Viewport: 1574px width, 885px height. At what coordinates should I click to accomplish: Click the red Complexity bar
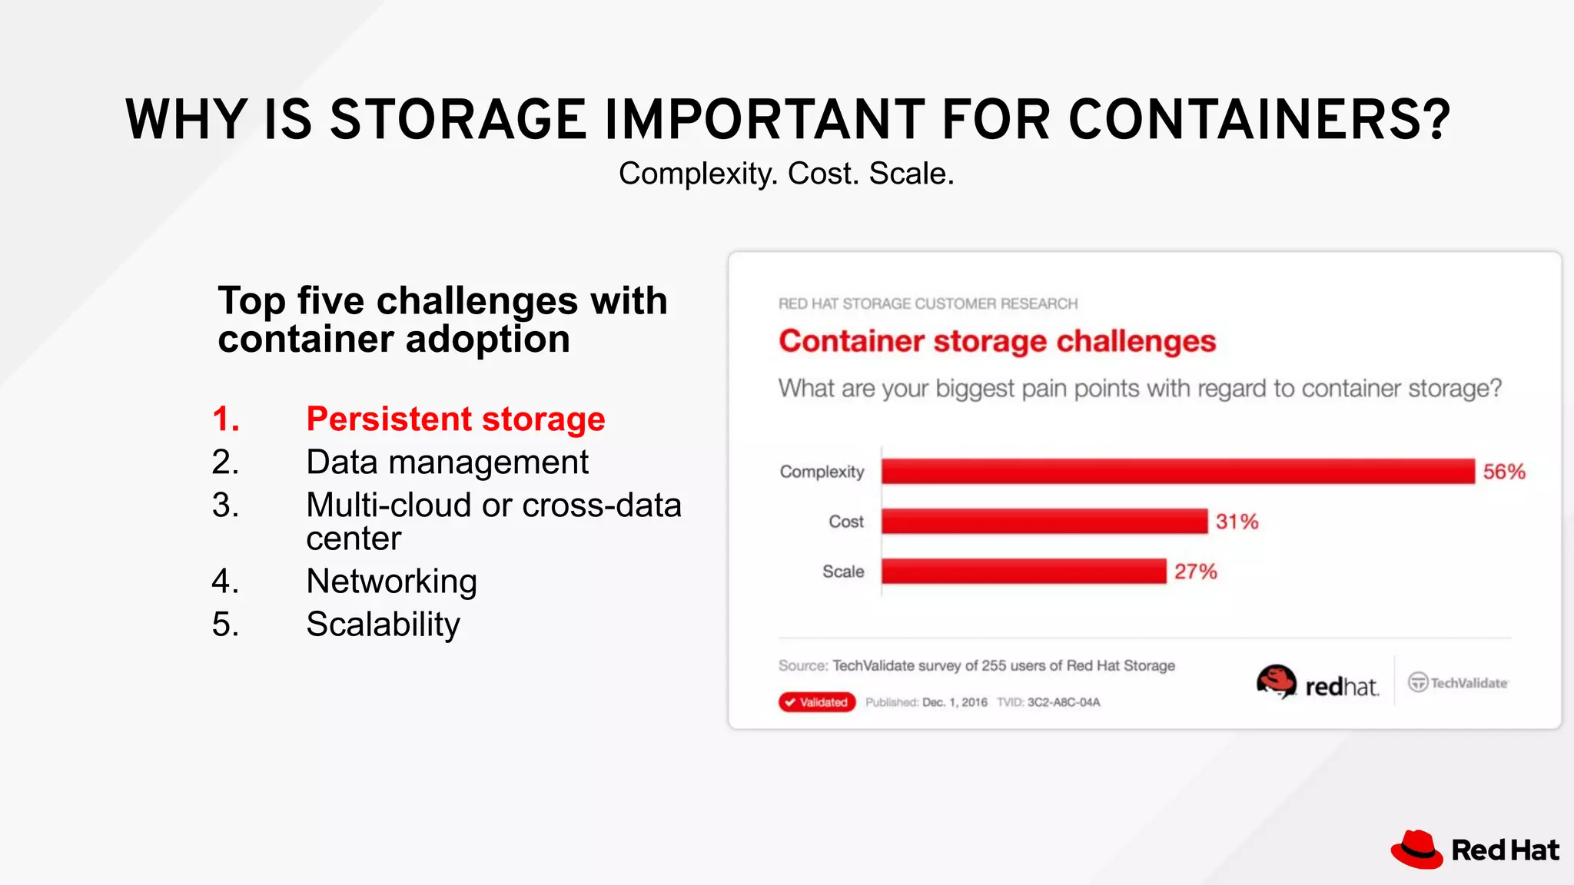pyautogui.click(x=1177, y=471)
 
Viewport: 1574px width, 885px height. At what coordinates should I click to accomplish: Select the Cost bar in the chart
pyautogui.click(x=1044, y=521)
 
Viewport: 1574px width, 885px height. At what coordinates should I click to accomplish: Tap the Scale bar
pyautogui.click(x=1023, y=571)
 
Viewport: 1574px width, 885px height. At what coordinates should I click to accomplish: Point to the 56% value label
pyautogui.click(x=1503, y=472)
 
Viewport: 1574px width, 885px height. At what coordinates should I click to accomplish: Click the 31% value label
pyautogui.click(x=1237, y=522)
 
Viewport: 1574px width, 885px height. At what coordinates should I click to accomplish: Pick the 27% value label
pyautogui.click(x=1195, y=572)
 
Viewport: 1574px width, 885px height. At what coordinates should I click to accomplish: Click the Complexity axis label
pyautogui.click(x=822, y=472)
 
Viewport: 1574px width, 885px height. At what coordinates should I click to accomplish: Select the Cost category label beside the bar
pyautogui.click(x=845, y=522)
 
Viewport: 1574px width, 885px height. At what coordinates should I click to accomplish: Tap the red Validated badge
pyautogui.click(x=816, y=702)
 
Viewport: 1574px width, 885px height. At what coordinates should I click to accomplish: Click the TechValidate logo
pyautogui.click(x=1458, y=682)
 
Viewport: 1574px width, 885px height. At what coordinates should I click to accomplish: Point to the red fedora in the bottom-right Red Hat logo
pyautogui.click(x=1416, y=850)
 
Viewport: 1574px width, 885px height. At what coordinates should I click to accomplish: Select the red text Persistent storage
pyautogui.click(x=456, y=419)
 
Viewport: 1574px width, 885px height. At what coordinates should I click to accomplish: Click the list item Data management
pyautogui.click(x=447, y=462)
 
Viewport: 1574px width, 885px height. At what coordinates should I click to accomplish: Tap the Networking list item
pyautogui.click(x=391, y=582)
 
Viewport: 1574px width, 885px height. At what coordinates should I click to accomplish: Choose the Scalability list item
pyautogui.click(x=383, y=625)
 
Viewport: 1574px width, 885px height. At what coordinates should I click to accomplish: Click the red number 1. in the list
pyautogui.click(x=226, y=419)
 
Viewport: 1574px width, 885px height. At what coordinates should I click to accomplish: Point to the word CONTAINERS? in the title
pyautogui.click(x=1259, y=120)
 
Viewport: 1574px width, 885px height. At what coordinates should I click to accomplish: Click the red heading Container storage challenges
pyautogui.click(x=997, y=341)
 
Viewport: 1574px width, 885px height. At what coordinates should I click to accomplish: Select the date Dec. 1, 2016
pyautogui.click(x=955, y=702)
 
